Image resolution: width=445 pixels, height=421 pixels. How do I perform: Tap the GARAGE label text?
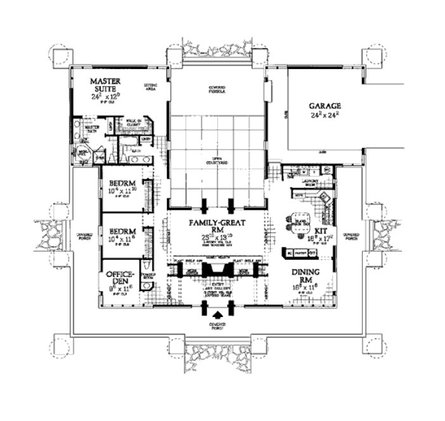tap(325, 106)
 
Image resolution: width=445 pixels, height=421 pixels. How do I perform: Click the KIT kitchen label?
tap(321, 232)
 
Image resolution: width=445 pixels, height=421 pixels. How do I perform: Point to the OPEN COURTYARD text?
tap(217, 162)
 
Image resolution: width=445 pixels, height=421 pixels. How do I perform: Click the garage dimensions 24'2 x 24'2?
tap(325, 116)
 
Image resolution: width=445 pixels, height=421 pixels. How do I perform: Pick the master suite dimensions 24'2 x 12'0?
tap(105, 99)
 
